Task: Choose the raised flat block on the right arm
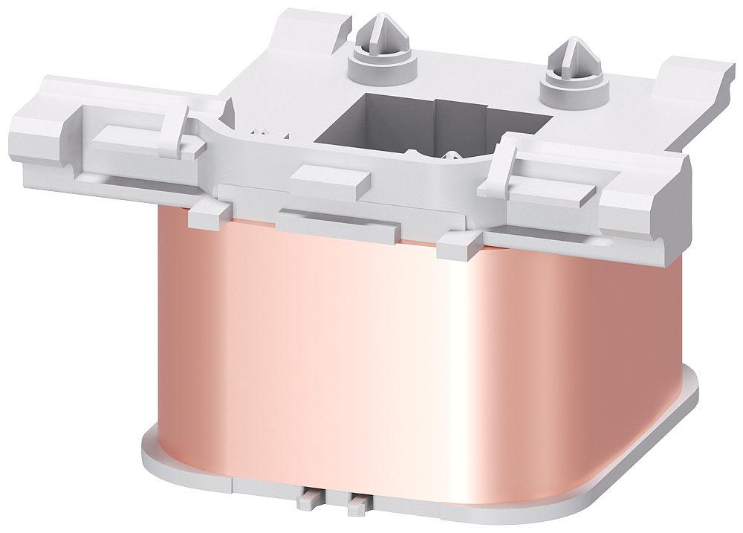[x=558, y=187]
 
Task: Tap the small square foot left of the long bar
[x=205, y=216]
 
